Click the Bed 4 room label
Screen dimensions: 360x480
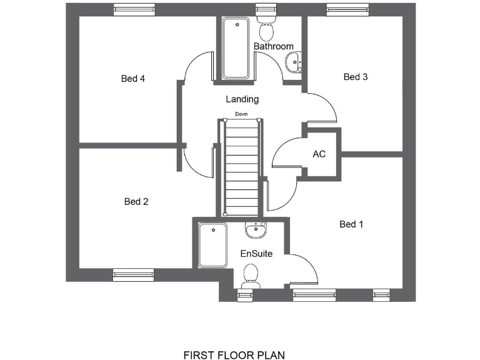pos(133,79)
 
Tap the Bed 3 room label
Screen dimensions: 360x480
pos(356,77)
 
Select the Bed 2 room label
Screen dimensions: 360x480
pos(136,201)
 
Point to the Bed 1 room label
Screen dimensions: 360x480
pos(351,224)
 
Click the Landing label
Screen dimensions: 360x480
pos(242,99)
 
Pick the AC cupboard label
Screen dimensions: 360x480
pos(319,154)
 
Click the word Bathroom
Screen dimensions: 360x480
pos(273,46)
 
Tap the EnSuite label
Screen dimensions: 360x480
pos(256,254)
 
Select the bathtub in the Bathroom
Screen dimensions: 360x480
pos(236,48)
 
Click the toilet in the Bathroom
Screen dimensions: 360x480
pos(266,28)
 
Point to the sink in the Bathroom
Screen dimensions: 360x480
pos(293,62)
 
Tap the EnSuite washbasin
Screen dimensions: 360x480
pos(256,231)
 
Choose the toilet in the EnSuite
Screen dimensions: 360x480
pos(251,275)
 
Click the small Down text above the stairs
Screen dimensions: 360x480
pos(241,114)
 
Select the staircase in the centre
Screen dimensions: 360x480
pos(241,166)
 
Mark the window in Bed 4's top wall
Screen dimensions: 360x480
pos(134,9)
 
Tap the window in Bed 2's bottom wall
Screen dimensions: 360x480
pos(133,272)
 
